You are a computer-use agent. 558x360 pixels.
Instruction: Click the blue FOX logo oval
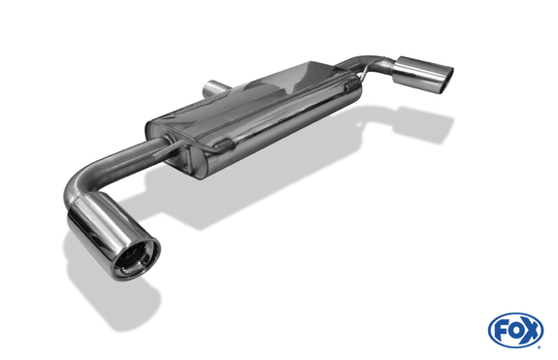[515, 331]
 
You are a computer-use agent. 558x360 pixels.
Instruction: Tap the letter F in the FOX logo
[502, 331]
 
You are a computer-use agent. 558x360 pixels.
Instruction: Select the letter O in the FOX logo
[515, 331]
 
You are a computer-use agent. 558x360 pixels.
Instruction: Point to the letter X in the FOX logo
[530, 331]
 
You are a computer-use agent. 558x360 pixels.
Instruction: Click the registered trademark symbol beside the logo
[542, 344]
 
